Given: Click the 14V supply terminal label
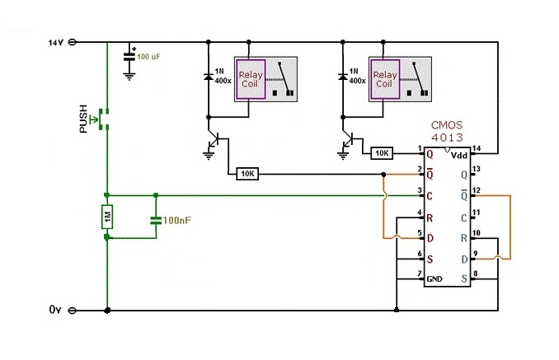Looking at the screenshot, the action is coord(55,43).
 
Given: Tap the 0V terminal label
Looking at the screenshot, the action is coord(55,310).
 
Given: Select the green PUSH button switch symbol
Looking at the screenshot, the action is coord(101,119).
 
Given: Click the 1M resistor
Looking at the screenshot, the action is coord(107,217).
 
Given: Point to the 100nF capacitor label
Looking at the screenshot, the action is coord(176,221).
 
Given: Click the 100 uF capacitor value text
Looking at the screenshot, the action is coord(148,56).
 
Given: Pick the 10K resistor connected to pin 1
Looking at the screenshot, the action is coord(382,153).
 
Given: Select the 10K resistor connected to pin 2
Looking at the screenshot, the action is coord(247,174).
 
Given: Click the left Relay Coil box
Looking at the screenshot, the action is coord(251,79).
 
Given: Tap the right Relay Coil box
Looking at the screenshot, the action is coord(385,79).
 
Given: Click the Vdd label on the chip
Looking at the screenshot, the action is coord(458,155).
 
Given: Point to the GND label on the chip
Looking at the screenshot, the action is coord(435,278).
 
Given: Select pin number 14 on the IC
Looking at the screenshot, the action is coord(476,148).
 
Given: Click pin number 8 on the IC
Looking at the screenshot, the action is coord(475,274).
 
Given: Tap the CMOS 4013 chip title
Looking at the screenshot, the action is coord(447,131).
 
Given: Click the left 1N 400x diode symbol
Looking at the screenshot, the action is coord(209,77).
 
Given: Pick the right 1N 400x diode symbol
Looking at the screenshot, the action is coord(343,77).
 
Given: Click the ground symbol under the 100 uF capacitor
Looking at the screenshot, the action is coord(129,77).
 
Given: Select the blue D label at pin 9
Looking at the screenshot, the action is coord(464,259).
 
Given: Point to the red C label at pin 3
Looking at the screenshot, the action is coord(430,196).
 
